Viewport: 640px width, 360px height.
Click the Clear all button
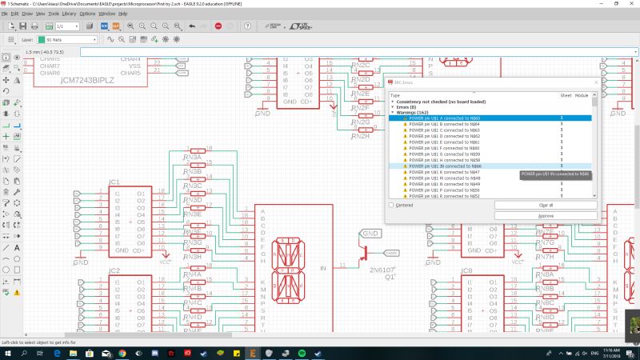[x=546, y=205]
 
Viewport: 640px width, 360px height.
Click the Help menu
[x=122, y=14]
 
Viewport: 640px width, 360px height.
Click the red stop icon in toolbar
[x=218, y=26]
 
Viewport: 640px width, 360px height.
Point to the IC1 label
[x=114, y=182]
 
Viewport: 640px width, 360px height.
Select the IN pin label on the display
[x=323, y=268]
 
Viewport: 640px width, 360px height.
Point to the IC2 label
[x=114, y=271]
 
